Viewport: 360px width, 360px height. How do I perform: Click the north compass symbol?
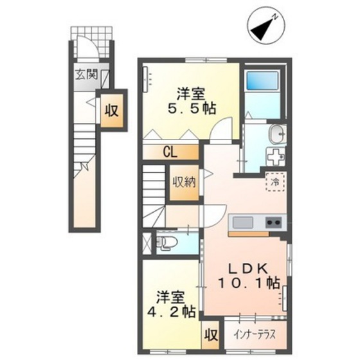click(266, 26)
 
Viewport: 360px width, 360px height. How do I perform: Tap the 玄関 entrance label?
click(87, 75)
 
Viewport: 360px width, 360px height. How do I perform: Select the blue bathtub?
click(262, 80)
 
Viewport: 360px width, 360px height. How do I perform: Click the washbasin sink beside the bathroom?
click(277, 134)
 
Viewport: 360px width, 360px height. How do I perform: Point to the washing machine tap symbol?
click(276, 157)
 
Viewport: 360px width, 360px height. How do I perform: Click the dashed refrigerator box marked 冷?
click(275, 182)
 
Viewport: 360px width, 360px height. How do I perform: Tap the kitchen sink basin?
click(243, 222)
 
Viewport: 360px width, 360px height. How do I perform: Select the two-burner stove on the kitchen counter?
click(273, 222)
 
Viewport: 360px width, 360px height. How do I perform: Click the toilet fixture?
click(166, 243)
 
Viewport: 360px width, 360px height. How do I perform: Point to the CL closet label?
click(170, 152)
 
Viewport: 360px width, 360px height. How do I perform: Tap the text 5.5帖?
click(192, 109)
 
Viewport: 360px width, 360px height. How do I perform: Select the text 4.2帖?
click(172, 312)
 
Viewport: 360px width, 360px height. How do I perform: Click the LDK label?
click(248, 269)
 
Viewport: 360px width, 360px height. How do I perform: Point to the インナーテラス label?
click(255, 335)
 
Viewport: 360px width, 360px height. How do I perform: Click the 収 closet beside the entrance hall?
click(112, 111)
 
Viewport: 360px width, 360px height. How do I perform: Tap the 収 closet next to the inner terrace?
click(211, 336)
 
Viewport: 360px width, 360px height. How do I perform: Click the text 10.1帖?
click(249, 283)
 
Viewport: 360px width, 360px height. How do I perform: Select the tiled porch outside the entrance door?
click(92, 42)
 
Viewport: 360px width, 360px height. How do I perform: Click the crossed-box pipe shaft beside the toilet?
click(147, 243)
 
